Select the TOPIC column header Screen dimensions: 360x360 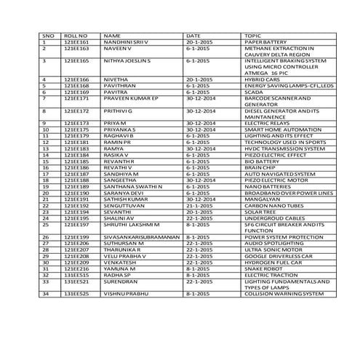click(253, 35)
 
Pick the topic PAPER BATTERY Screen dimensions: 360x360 click(267, 42)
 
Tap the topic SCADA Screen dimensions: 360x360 click(255, 92)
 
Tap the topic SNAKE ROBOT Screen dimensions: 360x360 click(263, 269)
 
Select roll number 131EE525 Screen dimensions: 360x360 click(76, 294)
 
